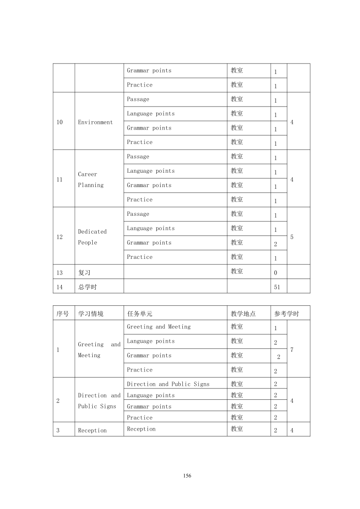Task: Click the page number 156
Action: coord(187,476)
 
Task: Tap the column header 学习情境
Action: coord(91,313)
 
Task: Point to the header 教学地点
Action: coord(243,313)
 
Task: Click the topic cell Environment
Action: coord(95,122)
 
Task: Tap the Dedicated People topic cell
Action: coord(92,237)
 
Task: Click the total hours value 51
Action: coord(277,287)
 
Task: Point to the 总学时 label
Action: coord(87,287)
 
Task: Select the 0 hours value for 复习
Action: coord(276,273)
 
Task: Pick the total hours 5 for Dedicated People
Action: coord(292,237)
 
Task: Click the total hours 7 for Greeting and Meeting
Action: coord(292,350)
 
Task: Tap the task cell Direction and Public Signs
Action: coord(168,384)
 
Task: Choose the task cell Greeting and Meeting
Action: coord(158,327)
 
